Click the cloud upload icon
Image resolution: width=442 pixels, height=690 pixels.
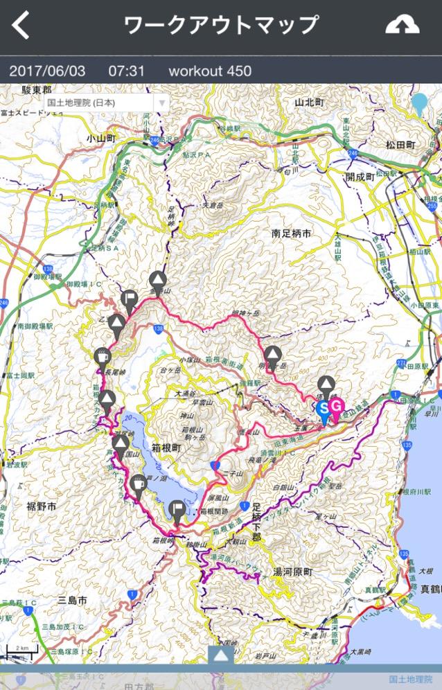point(403,25)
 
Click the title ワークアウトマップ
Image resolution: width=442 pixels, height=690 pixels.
point(221,25)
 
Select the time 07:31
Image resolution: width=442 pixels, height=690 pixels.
point(126,71)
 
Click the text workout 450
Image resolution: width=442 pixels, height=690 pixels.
point(210,71)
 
